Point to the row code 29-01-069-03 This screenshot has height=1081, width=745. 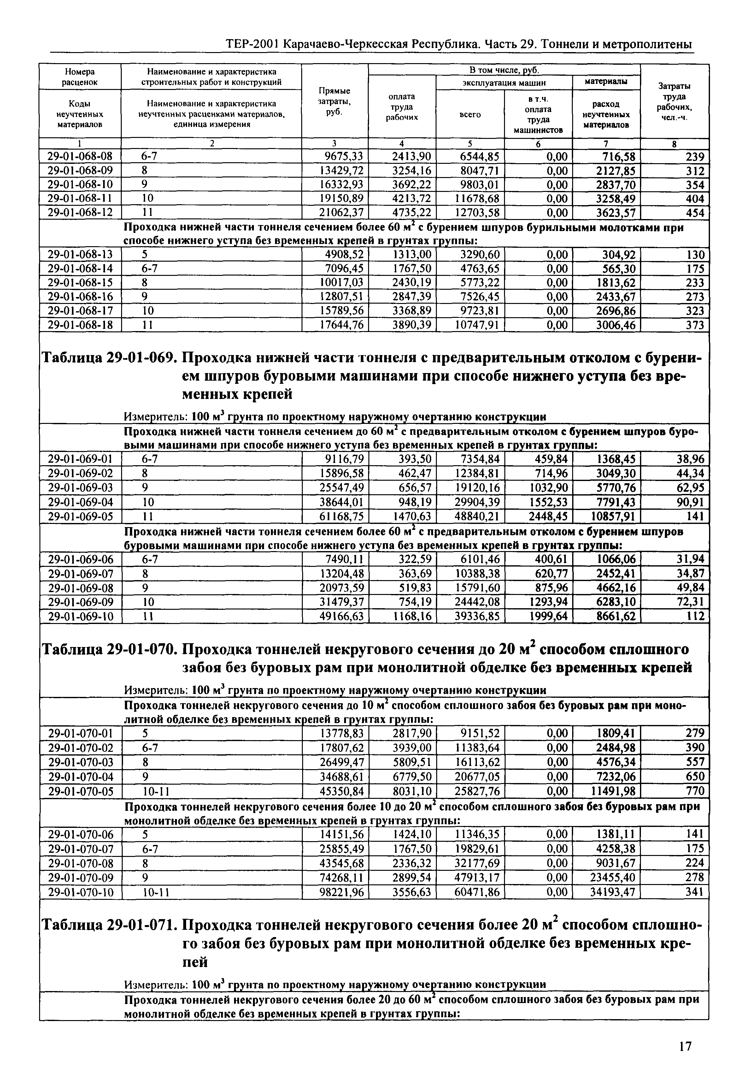(x=80, y=488)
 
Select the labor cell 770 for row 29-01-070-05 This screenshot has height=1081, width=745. (x=695, y=791)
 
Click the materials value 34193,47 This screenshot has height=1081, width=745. (x=613, y=892)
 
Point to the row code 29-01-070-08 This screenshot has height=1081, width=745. (x=80, y=863)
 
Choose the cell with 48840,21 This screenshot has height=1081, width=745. (x=477, y=516)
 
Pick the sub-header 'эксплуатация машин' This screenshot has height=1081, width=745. (x=504, y=83)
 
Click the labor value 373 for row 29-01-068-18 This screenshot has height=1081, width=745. (x=695, y=325)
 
